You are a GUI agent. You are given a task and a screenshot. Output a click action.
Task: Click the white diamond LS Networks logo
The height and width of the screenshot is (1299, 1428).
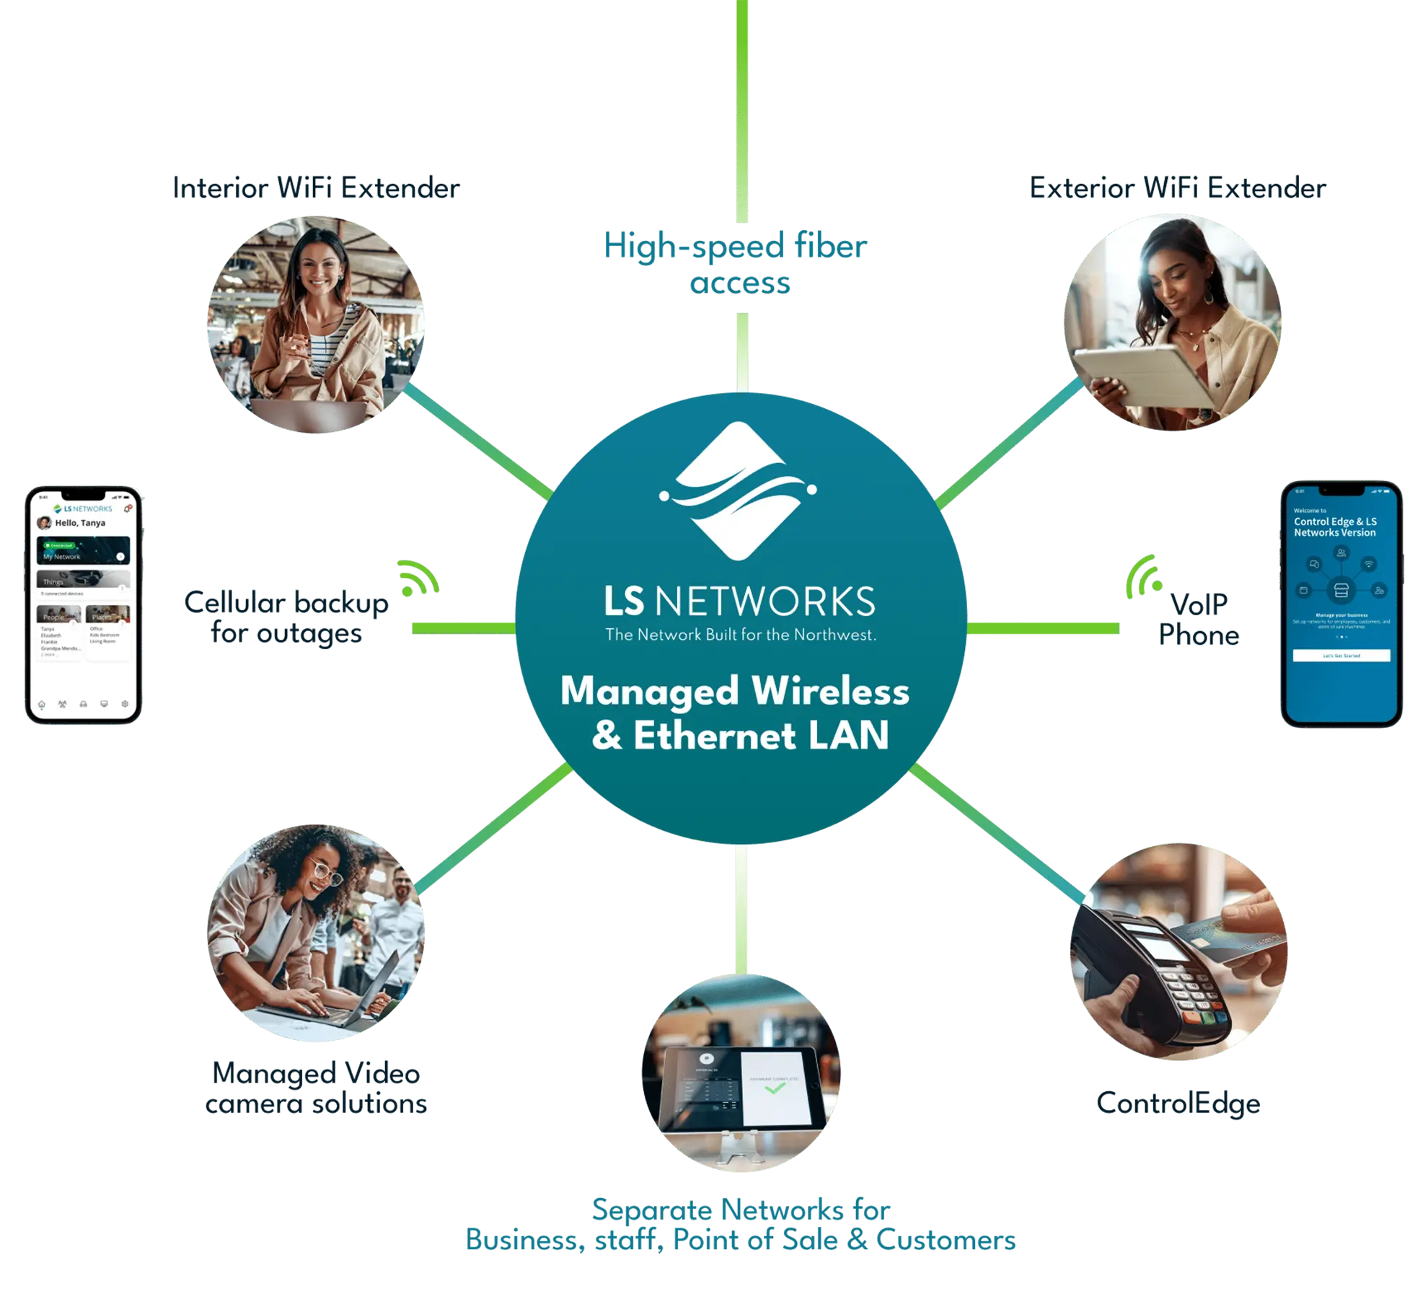coord(738,490)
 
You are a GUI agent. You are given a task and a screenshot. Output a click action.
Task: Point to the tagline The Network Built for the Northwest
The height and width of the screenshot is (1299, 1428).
coord(740,635)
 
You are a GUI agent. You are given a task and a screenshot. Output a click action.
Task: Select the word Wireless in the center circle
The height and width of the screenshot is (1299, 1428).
coord(830,691)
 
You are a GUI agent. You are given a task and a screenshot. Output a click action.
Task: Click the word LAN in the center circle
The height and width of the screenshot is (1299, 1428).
coord(848,736)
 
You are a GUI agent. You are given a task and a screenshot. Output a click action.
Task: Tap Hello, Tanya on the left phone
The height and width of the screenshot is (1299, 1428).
coord(80,523)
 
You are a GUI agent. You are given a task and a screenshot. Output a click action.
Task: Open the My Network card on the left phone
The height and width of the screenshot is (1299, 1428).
coord(83,550)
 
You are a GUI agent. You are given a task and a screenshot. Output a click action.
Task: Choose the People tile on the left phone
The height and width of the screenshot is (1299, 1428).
coord(58,614)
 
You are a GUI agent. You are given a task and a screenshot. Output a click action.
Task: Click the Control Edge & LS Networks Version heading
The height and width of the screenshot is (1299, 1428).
coord(1334,527)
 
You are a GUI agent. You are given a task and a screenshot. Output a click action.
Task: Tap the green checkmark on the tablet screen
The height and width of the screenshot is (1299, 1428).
coord(775,1088)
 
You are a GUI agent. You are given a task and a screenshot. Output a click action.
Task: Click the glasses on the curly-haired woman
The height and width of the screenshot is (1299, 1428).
coord(326,872)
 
